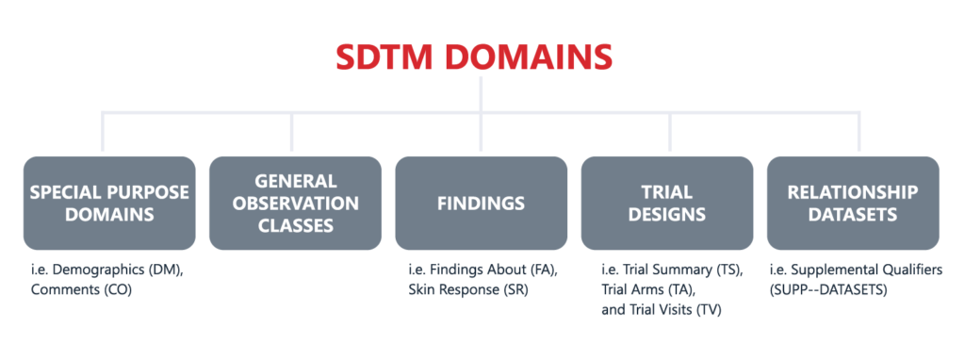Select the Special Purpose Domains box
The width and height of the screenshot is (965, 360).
tap(109, 203)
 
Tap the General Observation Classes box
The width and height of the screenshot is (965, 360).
tap(295, 203)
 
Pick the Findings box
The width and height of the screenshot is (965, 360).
tap(481, 203)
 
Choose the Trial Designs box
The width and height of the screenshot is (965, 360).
tap(667, 203)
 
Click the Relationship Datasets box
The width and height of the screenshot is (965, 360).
tap(853, 203)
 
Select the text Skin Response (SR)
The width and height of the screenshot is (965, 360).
tap(468, 290)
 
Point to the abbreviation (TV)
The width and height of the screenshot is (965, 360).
tap(711, 310)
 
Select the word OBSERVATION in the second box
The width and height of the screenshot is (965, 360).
tap(295, 203)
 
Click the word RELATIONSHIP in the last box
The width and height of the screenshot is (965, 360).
tap(853, 191)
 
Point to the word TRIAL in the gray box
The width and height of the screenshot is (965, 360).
tap(667, 191)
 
